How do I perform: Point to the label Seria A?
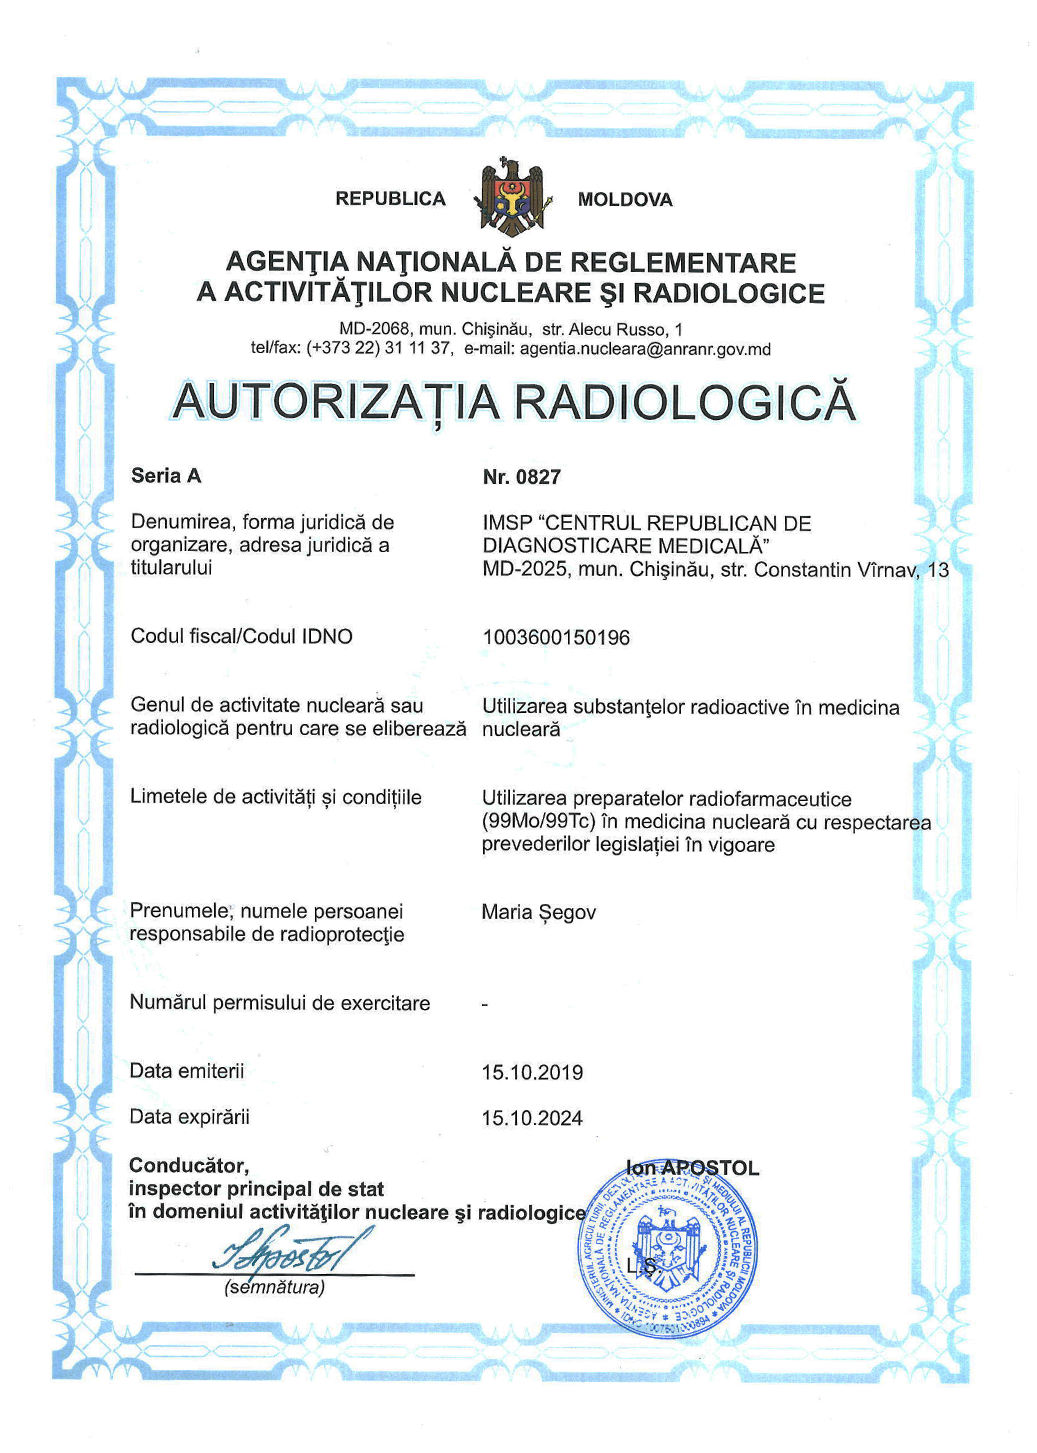tap(166, 475)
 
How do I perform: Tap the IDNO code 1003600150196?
tap(555, 637)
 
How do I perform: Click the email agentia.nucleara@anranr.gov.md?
tap(645, 349)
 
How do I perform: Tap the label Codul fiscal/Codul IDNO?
tap(241, 636)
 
